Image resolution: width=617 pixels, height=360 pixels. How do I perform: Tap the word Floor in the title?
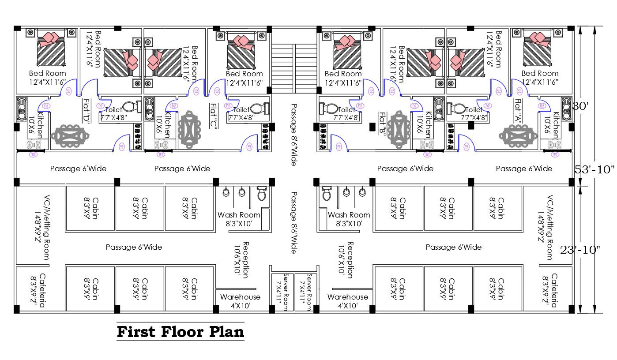pos(181,332)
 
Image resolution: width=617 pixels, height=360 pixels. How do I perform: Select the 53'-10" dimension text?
pos(594,169)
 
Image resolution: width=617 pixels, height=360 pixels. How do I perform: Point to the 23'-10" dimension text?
pos(580,250)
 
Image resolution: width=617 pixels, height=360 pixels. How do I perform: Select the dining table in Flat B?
pos(398,131)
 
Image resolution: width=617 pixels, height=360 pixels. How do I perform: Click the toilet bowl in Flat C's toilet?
pos(257,108)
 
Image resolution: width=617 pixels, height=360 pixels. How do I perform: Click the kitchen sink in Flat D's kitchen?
pos(22,109)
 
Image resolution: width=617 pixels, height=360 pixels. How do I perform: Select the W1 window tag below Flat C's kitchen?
pos(161,154)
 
